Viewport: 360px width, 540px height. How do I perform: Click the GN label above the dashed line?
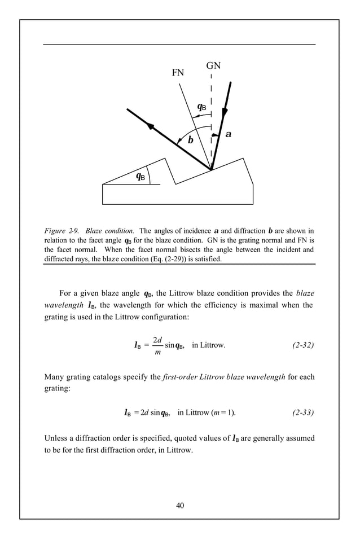click(213, 66)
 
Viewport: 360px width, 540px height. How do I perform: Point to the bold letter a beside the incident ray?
click(228, 134)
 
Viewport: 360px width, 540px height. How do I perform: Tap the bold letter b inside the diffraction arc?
click(190, 140)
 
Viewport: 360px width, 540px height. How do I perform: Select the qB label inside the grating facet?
click(141, 176)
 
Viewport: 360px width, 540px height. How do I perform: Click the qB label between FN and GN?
click(201, 106)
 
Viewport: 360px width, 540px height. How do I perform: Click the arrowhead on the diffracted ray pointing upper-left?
click(151, 126)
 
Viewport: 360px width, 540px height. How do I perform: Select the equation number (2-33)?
click(303, 412)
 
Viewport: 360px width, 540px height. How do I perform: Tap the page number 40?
click(180, 505)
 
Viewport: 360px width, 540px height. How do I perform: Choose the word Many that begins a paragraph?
click(55, 376)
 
